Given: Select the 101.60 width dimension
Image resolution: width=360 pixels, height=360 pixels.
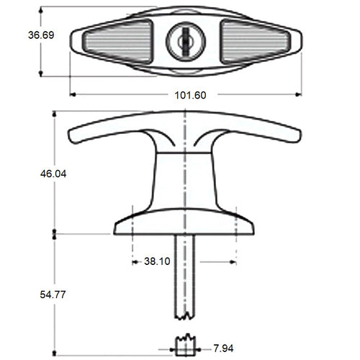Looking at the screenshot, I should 186,95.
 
